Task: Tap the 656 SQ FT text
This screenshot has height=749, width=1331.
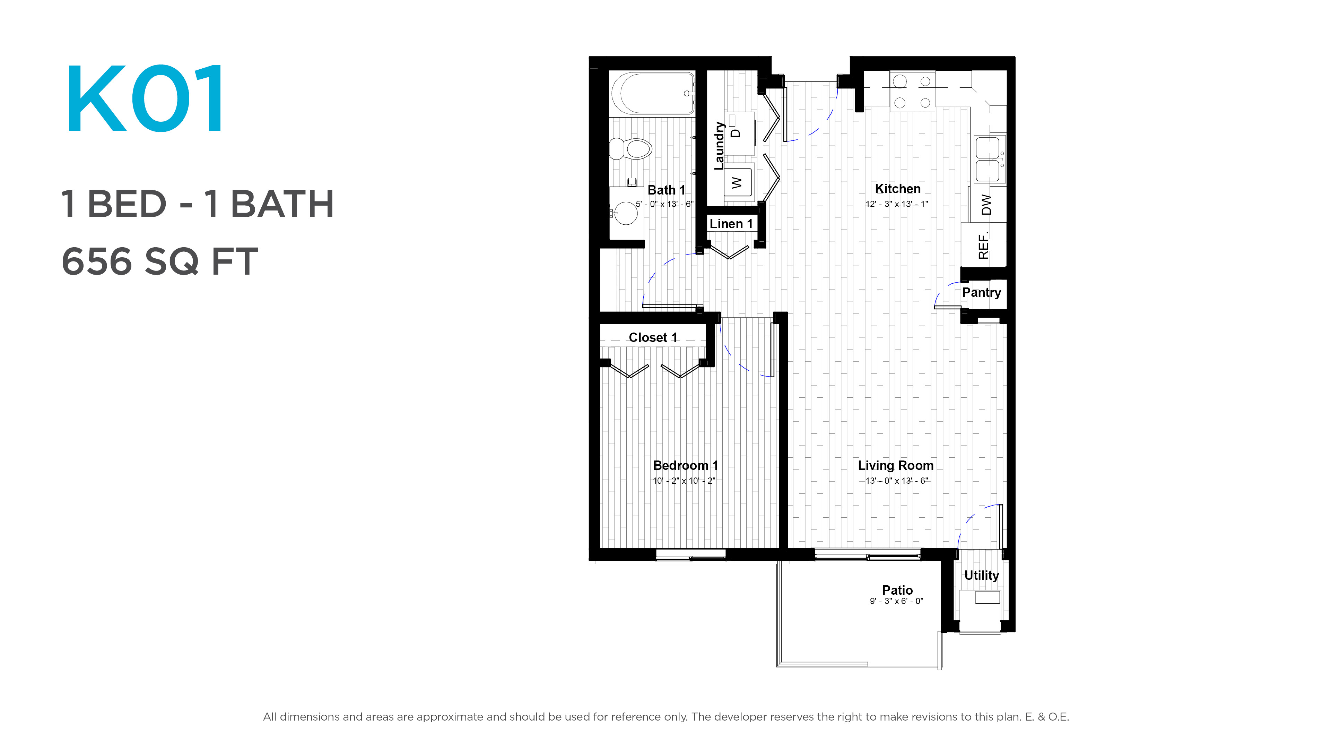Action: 159,261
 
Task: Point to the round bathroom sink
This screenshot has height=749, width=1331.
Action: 626,213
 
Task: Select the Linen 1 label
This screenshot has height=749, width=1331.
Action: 731,224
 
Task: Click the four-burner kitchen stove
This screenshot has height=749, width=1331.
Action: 912,92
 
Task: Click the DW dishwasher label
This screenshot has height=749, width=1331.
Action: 986,205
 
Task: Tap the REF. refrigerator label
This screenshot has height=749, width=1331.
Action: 983,245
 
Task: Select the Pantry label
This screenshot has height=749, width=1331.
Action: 981,293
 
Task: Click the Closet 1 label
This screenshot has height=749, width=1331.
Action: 653,337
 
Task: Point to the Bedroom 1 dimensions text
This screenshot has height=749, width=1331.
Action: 684,481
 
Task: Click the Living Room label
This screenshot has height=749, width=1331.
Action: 895,465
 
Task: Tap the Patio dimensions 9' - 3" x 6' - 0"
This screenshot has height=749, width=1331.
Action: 896,601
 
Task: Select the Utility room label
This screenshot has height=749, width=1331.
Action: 981,575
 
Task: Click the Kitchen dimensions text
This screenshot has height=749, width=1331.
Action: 896,204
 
